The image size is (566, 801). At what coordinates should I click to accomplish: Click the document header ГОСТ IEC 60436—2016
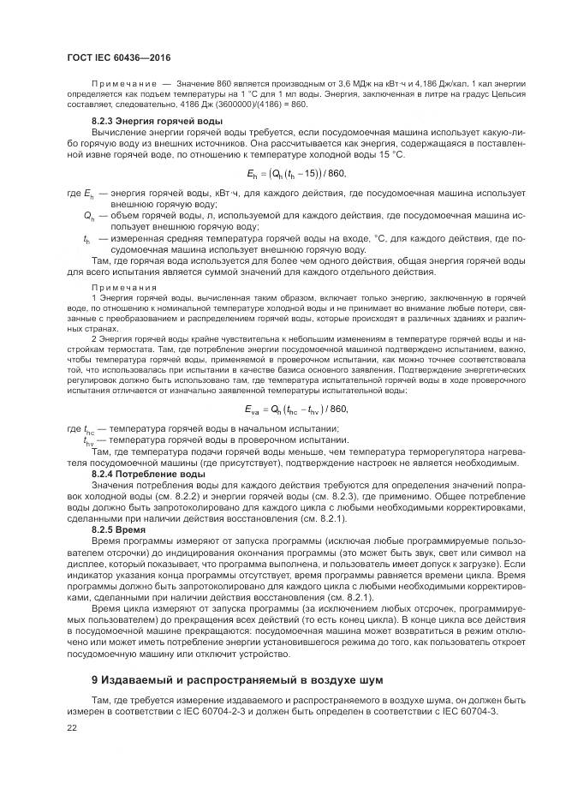[118, 57]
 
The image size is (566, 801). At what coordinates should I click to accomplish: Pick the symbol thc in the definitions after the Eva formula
[89, 429]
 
